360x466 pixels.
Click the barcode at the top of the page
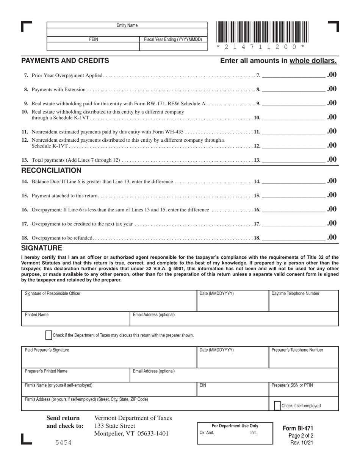tap(262, 33)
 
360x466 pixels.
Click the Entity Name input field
tap(127, 32)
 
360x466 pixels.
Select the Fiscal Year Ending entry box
tap(173, 47)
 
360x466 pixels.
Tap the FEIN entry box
tap(93, 47)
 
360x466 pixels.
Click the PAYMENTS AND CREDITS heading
tap(65, 61)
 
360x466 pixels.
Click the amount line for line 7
tap(294, 75)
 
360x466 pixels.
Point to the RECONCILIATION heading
tap(51, 170)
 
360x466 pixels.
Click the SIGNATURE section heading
tap(42, 248)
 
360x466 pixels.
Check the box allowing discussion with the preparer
tap(49, 335)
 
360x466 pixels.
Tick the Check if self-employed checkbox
tap(277, 405)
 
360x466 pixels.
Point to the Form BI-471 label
tap(298, 428)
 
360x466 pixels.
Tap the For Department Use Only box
tap(235, 434)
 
